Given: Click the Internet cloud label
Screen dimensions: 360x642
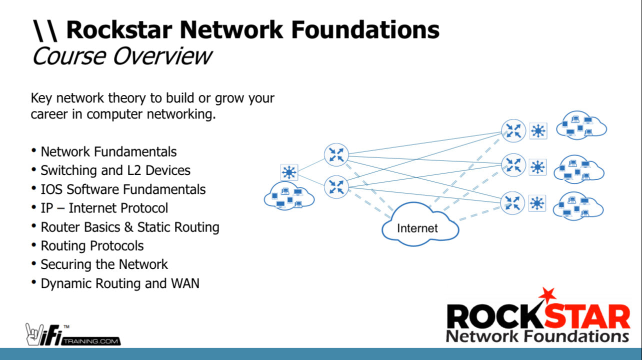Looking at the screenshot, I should [417, 228].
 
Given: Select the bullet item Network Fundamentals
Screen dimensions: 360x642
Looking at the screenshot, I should [108, 151].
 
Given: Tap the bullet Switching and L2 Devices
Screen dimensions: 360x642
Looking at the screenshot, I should [115, 170].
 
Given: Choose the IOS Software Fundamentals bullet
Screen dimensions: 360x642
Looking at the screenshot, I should [123, 189].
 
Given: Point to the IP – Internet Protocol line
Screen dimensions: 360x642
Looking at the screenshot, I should [104, 208].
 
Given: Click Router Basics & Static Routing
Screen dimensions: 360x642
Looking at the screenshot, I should [130, 227].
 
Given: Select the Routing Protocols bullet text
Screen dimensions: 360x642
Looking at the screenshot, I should [92, 246].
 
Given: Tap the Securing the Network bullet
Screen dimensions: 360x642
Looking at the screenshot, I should [104, 264].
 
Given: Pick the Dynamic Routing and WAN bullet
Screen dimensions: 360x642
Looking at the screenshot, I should [120, 283].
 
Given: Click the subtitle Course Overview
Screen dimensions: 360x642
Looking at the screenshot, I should [121, 55].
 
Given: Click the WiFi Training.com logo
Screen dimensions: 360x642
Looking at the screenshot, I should [73, 334].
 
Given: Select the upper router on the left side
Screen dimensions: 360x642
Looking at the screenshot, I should [336, 154].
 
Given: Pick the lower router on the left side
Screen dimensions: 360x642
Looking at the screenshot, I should [336, 187].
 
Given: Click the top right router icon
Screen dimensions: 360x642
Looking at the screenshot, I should [513, 130].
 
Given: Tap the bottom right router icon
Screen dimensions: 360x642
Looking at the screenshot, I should [513, 203].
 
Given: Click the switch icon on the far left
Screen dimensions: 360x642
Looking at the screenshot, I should [289, 172].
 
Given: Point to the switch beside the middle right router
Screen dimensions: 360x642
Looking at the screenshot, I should [537, 167].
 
